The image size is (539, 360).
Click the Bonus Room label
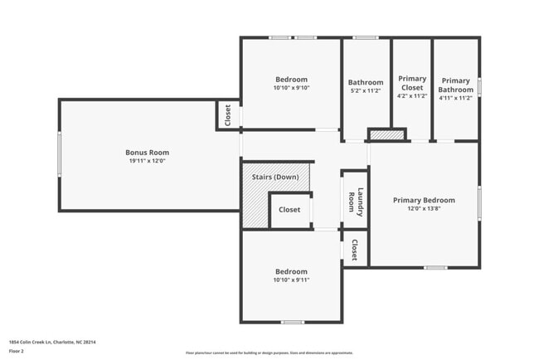(147, 153)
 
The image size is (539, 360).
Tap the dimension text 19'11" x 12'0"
(147, 162)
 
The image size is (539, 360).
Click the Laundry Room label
(355, 201)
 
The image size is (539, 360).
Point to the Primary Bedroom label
(424, 200)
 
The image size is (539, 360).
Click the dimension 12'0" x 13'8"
(424, 209)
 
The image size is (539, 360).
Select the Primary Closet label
(412, 83)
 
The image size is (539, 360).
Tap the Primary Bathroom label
(455, 85)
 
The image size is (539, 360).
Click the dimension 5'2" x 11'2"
(366, 91)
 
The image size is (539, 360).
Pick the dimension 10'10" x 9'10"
(291, 87)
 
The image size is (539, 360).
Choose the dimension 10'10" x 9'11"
(291, 280)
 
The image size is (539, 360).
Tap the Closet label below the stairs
(289, 210)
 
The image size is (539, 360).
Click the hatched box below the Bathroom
(386, 134)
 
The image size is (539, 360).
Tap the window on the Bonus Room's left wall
(59, 155)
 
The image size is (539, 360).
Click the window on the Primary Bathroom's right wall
(479, 87)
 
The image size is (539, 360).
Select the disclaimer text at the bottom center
(269, 353)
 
